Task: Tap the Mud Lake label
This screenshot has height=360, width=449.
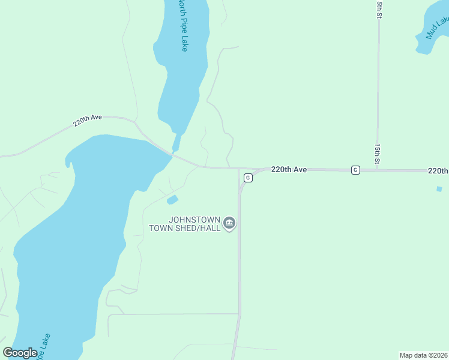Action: coord(438,28)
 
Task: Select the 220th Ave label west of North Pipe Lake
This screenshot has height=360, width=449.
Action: coord(88,120)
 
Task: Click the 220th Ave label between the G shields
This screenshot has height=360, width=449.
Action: coord(289,170)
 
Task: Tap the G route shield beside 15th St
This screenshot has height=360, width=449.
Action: coord(355,170)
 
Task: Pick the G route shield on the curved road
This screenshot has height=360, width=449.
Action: coord(247,178)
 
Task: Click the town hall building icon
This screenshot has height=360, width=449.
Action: coord(229,224)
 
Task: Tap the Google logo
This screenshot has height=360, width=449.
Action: coord(20,353)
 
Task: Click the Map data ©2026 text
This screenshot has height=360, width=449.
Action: coord(423,355)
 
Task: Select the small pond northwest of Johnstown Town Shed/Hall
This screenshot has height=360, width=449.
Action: coord(172,199)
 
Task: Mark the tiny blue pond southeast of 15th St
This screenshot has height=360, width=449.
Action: coord(439,189)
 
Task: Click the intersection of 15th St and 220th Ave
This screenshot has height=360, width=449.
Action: coord(378,170)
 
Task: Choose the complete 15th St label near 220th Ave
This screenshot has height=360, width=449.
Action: coord(378,154)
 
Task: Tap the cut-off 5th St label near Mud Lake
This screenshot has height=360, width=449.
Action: coord(379,10)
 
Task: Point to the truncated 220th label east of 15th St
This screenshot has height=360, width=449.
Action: coord(438,171)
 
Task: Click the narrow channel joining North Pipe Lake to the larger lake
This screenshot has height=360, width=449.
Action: coord(176,142)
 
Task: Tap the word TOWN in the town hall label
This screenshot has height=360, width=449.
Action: coord(160,228)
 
